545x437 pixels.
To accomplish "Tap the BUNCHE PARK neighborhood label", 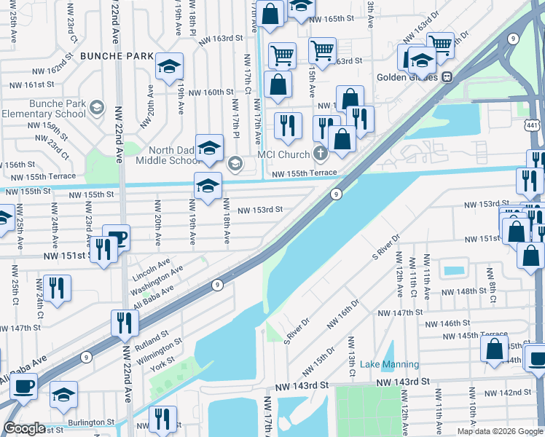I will coord(117,55).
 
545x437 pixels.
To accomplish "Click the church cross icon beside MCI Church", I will coord(318,154).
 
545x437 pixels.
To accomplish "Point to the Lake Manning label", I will coord(390,364).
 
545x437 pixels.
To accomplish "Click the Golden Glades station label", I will coord(407,76).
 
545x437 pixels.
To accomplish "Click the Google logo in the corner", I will coord(24,428).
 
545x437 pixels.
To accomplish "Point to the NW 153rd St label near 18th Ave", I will coord(260,209).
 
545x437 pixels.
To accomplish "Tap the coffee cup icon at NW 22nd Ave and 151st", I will coord(116,237).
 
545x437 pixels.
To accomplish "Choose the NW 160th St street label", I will coord(211,92).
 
